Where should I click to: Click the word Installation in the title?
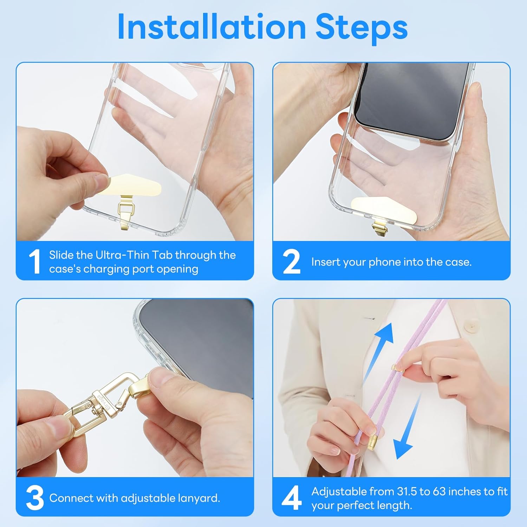pyautogui.click(x=212, y=27)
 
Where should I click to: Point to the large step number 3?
pyautogui.click(x=35, y=497)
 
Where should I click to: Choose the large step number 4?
pyautogui.click(x=292, y=497)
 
